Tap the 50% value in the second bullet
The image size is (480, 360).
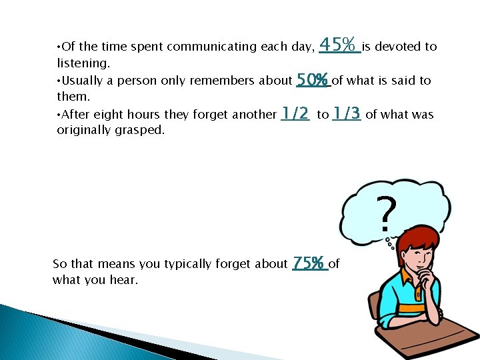[x=313, y=81]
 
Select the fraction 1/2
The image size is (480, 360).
[x=295, y=114]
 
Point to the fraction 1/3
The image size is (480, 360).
[x=347, y=114]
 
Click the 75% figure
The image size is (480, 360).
[x=309, y=263]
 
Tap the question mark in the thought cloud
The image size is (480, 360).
[x=386, y=215]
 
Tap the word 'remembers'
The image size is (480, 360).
[x=221, y=81]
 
